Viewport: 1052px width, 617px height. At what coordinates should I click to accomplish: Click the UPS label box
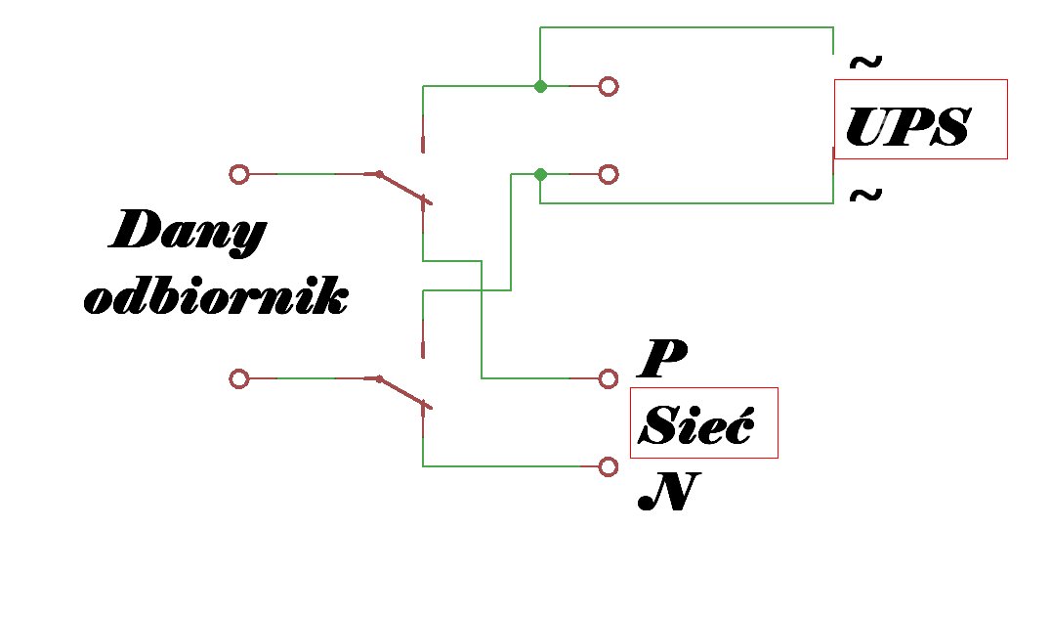[x=920, y=119]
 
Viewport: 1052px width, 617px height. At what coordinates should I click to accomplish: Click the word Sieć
[x=698, y=424]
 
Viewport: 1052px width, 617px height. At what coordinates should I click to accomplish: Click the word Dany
[x=188, y=233]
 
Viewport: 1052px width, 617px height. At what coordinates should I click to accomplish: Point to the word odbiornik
[x=216, y=297]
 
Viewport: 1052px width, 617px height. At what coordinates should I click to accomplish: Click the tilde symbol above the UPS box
[x=865, y=64]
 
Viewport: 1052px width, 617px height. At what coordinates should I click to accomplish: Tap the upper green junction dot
[x=540, y=86]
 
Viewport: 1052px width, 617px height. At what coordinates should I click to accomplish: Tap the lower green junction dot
[x=540, y=174]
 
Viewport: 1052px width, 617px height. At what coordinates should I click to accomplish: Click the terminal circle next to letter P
[x=609, y=378]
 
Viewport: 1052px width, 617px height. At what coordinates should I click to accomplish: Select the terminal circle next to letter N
[x=609, y=466]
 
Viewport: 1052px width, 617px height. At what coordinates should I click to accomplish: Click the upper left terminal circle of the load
[x=238, y=174]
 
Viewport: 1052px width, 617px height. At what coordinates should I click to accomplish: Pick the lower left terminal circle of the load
[x=238, y=378]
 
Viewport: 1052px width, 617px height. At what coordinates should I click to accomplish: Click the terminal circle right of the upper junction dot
[x=609, y=86]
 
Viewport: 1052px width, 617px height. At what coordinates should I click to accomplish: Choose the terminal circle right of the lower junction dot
[x=609, y=174]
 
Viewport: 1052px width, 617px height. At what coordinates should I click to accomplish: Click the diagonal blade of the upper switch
[x=403, y=189]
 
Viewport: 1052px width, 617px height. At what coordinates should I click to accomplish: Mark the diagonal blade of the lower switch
[x=403, y=393]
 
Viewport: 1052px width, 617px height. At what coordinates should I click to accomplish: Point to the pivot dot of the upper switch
[x=379, y=174]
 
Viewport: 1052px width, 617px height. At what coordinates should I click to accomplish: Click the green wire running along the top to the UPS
[x=684, y=27]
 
